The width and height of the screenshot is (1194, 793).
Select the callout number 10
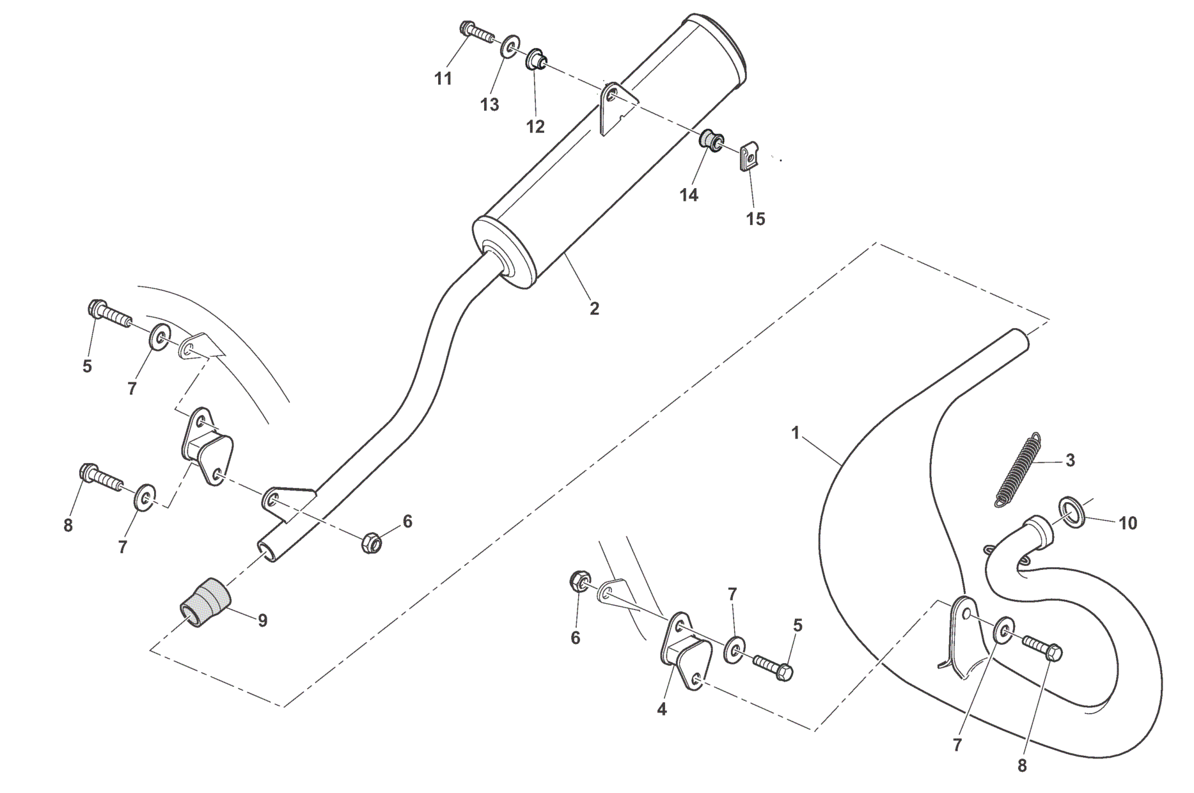pos(1128,523)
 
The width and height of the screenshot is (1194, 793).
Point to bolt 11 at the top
pos(475,30)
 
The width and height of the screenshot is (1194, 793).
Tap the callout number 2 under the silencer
pos(594,309)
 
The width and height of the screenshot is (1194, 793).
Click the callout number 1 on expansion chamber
pos(796,434)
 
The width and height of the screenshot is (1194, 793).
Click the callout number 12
pos(535,127)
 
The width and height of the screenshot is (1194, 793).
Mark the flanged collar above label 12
pos(536,62)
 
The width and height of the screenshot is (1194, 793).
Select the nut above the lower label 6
pos(579,581)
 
